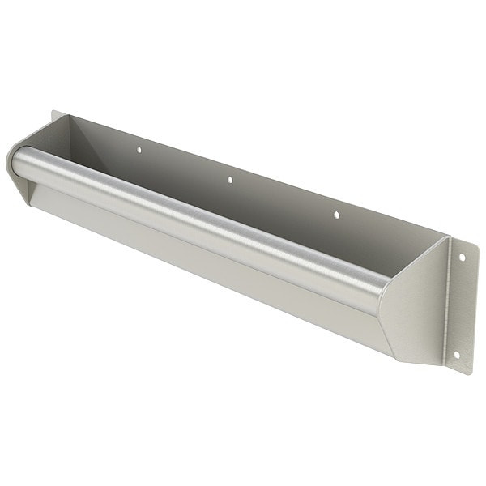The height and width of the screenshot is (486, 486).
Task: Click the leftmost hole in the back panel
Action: (139, 150)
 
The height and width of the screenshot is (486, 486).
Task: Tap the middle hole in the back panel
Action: (229, 180)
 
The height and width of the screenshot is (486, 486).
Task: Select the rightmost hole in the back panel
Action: (336, 215)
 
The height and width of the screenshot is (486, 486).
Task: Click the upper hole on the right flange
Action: (463, 258)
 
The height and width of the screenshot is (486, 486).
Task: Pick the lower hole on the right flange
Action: (457, 354)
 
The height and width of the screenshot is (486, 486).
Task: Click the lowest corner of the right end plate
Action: (397, 356)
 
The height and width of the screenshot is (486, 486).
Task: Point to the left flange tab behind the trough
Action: (55, 120)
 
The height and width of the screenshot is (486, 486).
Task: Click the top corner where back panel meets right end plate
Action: (446, 237)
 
